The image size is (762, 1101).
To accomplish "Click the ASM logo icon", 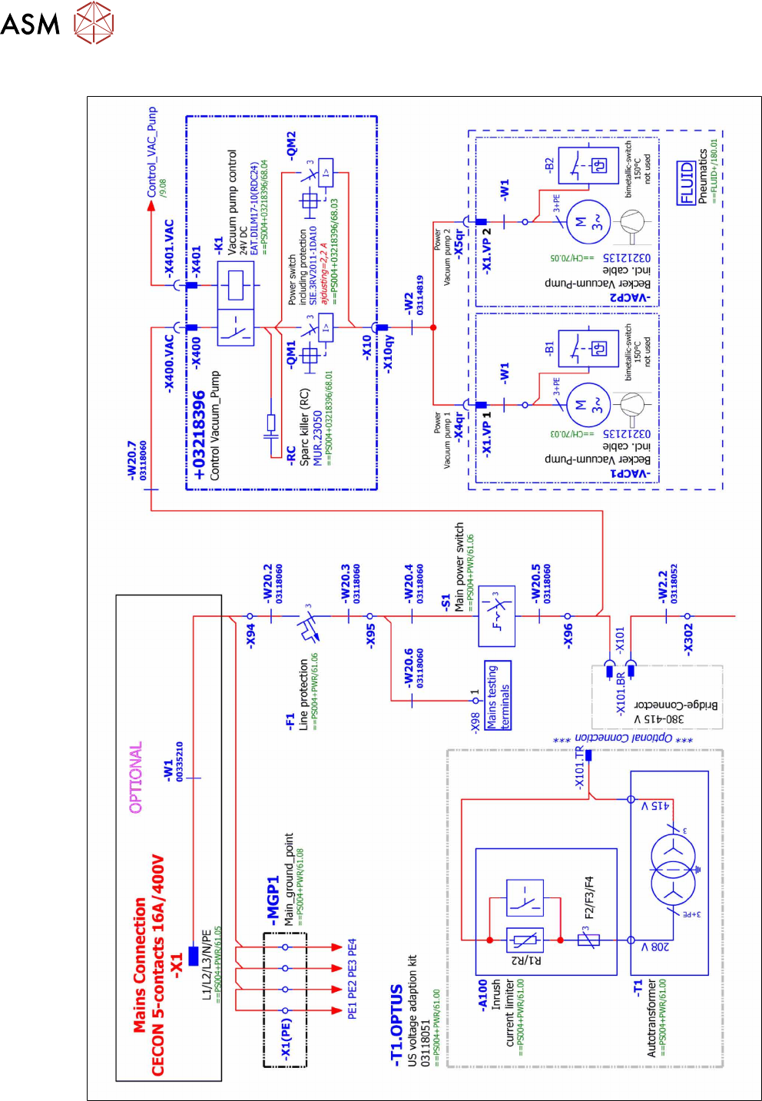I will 94,22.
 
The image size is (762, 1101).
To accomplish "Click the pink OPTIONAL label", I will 136,777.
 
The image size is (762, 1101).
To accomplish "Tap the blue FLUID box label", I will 687,183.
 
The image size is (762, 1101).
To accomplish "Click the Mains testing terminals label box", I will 498,695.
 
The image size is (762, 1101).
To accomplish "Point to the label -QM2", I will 291,145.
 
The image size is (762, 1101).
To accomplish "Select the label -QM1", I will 291,355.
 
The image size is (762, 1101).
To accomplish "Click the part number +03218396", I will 199,436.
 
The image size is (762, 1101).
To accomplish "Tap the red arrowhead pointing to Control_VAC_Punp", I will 151,206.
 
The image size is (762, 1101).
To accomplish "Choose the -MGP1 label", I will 273,900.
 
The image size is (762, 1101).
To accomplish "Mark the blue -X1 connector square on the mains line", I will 193,956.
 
